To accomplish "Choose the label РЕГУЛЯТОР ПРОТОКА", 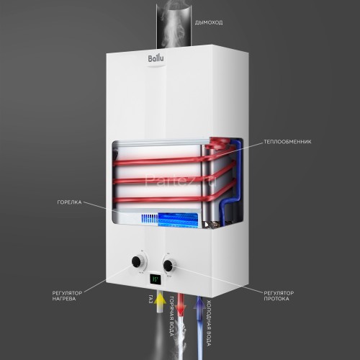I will (286, 297).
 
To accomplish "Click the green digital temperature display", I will (154, 278).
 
